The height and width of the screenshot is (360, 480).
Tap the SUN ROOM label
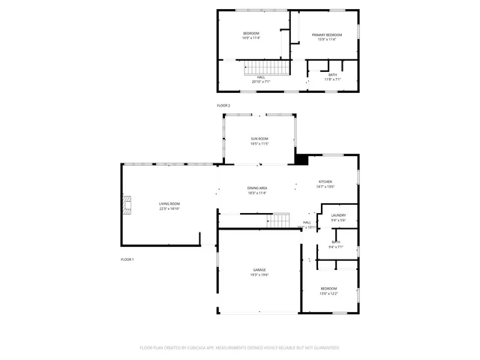point(259,139)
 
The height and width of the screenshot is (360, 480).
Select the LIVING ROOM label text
point(169,204)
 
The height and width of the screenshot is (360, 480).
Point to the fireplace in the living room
point(128,204)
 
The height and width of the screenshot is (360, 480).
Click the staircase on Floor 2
point(266,69)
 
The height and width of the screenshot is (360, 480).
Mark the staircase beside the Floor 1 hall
point(280,220)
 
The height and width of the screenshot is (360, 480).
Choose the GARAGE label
point(259,270)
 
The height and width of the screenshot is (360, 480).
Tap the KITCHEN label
point(325,182)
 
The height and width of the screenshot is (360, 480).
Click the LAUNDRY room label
point(338,216)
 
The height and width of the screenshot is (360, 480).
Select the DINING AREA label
point(257,188)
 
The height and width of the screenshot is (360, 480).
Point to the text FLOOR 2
point(223,106)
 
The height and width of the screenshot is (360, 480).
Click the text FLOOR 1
point(127,259)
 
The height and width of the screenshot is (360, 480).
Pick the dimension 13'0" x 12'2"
point(329,293)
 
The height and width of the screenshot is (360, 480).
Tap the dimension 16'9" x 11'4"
point(251,38)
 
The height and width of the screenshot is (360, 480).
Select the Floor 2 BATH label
point(332,74)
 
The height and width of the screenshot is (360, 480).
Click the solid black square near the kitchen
point(302,159)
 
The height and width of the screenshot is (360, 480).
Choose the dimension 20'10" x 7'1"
point(261,81)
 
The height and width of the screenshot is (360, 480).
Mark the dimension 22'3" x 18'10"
point(169,209)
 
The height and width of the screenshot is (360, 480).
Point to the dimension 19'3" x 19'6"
point(259,275)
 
